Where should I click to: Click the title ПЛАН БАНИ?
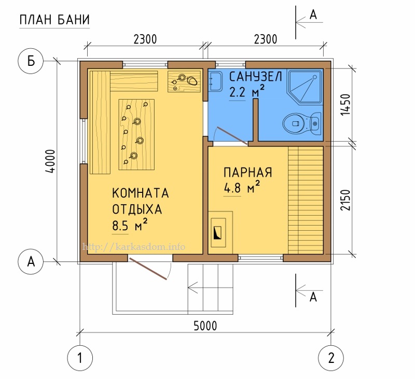(x=54, y=20)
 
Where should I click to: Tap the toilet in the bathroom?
(x=301, y=123)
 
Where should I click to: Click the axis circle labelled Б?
(x=31, y=61)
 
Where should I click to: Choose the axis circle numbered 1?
(x=80, y=357)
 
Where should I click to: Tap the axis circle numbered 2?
(x=330, y=357)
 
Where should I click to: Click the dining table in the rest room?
(x=137, y=134)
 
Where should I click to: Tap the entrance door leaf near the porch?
(x=149, y=268)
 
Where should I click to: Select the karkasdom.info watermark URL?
(x=134, y=247)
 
